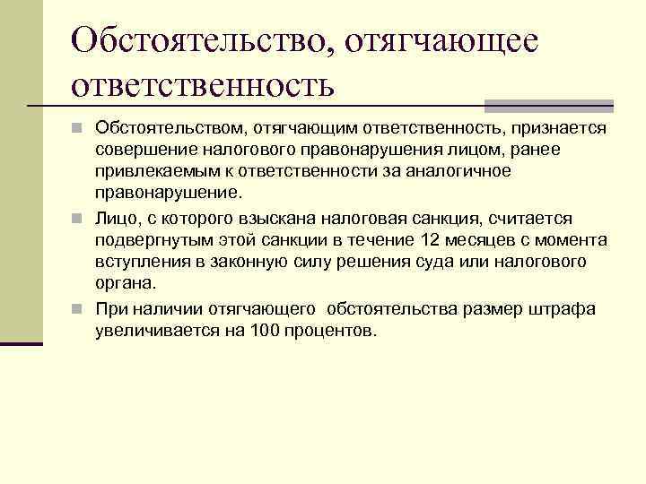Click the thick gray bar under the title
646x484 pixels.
coord(548,105)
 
